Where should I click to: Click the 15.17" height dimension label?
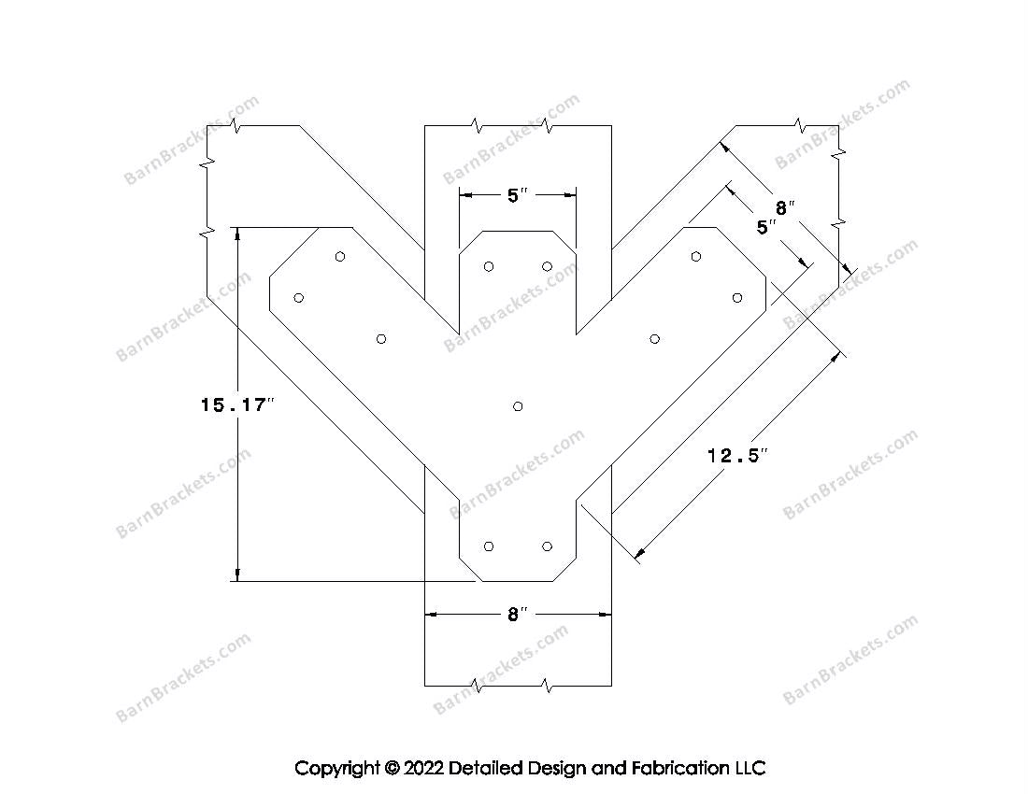click(x=236, y=405)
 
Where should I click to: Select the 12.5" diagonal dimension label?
click(x=737, y=455)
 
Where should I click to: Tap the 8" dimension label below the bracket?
click(x=518, y=615)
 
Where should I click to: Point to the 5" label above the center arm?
click(x=518, y=195)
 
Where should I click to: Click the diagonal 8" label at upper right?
click(x=785, y=208)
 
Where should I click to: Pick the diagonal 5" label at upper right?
click(x=766, y=227)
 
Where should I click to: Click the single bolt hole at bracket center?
click(x=518, y=406)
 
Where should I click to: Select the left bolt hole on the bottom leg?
click(x=489, y=546)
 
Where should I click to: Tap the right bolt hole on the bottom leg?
click(x=547, y=546)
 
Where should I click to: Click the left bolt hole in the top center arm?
click(x=489, y=266)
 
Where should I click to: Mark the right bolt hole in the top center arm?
click(x=547, y=266)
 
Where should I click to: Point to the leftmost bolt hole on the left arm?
click(x=298, y=298)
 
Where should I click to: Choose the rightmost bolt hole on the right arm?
click(x=737, y=298)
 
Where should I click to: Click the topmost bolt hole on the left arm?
click(x=339, y=256)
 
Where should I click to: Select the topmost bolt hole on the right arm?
click(x=695, y=256)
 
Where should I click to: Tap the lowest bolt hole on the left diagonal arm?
click(x=381, y=339)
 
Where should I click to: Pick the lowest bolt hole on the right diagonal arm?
click(x=654, y=339)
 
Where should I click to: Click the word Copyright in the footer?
click(x=337, y=768)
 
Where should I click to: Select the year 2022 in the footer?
click(x=423, y=768)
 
